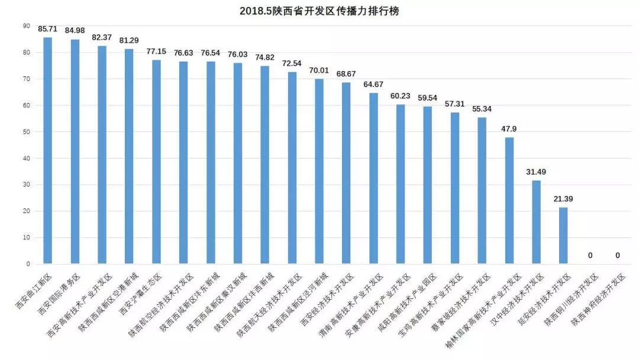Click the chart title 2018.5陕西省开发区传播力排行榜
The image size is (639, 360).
coord(319,11)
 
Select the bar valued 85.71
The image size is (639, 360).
coord(47,150)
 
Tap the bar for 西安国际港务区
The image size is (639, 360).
coord(75,152)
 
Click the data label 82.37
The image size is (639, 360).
coord(102,37)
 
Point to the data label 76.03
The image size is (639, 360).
coord(238,54)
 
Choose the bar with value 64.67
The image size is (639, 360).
coord(373,178)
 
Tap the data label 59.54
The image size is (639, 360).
coord(428,98)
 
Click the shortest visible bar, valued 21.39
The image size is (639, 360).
coord(563,235)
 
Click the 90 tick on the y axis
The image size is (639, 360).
coord(26,26)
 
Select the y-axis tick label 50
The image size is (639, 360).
coord(26,132)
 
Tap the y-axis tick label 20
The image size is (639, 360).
coord(26,211)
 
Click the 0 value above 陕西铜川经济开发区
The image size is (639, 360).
coord(590,255)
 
